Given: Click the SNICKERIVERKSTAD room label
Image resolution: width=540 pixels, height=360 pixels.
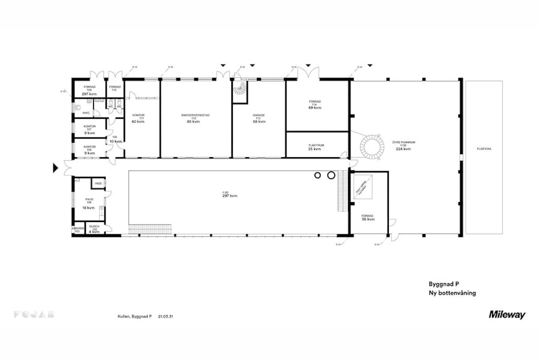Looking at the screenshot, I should click(x=195, y=118).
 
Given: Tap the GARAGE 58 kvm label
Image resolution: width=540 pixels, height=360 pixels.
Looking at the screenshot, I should click(x=259, y=118).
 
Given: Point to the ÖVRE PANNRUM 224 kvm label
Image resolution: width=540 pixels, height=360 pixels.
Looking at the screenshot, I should click(x=403, y=146).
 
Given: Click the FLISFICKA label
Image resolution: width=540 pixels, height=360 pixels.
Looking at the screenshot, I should click(x=484, y=148).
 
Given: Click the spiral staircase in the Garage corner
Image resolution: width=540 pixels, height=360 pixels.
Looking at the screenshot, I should click(x=240, y=91).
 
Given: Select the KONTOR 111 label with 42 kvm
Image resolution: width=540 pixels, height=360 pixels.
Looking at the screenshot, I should click(x=138, y=118).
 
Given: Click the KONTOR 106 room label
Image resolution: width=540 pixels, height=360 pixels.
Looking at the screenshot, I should click(x=89, y=150).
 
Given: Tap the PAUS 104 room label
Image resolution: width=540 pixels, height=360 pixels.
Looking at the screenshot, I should click(x=89, y=203).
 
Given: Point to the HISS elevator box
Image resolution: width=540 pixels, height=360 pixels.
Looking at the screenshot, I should click(x=98, y=184).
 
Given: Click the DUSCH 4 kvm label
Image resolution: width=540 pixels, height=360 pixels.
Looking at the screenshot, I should click(x=94, y=229).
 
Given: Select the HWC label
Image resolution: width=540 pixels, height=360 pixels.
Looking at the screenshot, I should click(x=86, y=112).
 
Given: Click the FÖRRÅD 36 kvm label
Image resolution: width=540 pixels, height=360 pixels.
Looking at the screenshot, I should click(x=367, y=217).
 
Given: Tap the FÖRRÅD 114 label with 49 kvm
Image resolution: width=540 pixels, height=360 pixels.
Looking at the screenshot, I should click(x=315, y=106).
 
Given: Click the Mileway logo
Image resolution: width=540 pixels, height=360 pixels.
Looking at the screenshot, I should click(x=506, y=314).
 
